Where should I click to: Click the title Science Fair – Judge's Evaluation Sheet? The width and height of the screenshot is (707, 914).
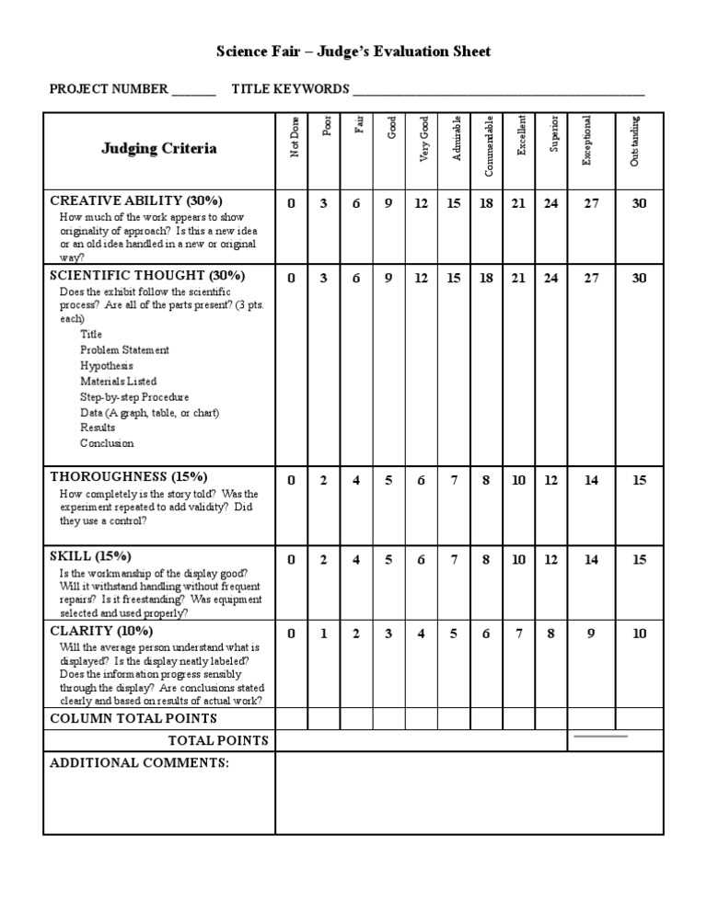[353, 51]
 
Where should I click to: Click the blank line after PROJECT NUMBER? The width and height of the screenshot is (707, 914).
[193, 91]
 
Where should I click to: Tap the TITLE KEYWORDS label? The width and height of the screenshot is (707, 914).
[290, 89]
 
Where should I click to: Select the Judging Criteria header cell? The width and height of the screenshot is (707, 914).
[159, 148]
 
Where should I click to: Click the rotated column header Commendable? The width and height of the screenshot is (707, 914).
[489, 146]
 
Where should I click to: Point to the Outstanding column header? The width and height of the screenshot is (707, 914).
[634, 141]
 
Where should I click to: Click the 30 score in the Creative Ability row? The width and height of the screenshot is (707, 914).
[639, 203]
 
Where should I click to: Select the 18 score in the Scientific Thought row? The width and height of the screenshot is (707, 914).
[486, 278]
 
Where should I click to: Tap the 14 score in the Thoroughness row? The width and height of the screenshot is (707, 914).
[591, 480]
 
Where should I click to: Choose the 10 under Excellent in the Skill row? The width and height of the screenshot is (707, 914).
[519, 559]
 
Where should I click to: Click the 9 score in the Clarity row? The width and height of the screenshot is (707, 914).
[591, 633]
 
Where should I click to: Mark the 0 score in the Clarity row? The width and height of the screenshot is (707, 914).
[291, 633]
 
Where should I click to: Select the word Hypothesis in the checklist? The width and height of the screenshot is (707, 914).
[106, 365]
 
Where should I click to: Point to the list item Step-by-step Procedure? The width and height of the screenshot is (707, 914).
[134, 397]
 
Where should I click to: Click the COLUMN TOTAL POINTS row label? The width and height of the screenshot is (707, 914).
[133, 718]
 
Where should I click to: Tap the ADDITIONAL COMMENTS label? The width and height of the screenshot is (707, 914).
[139, 763]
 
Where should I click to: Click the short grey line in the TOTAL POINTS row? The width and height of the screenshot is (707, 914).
[601, 737]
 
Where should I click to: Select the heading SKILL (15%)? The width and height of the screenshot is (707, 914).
[90, 556]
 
